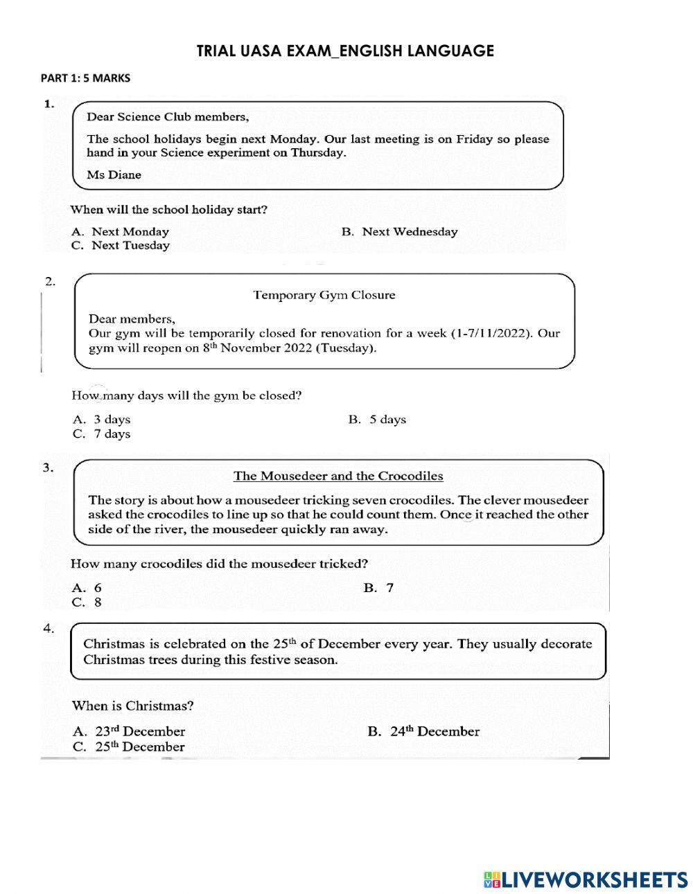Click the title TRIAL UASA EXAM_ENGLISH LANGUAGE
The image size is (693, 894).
[345, 51]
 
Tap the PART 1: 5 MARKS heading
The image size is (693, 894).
[85, 78]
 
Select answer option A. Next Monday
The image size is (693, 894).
[121, 232]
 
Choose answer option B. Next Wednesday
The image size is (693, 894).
[399, 232]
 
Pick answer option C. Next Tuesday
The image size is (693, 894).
[121, 246]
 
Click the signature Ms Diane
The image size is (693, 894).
[114, 175]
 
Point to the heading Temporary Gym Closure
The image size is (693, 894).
[324, 295]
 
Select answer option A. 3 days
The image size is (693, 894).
[102, 420]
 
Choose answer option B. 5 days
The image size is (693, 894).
[377, 420]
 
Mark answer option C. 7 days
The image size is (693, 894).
[102, 434]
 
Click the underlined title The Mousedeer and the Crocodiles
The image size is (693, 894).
[338, 476]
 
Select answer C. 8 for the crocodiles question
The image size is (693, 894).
[87, 602]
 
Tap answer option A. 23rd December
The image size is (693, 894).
[129, 731]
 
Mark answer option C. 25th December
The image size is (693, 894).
[129, 747]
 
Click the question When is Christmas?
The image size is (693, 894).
[132, 706]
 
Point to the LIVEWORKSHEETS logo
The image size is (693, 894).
[586, 879]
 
